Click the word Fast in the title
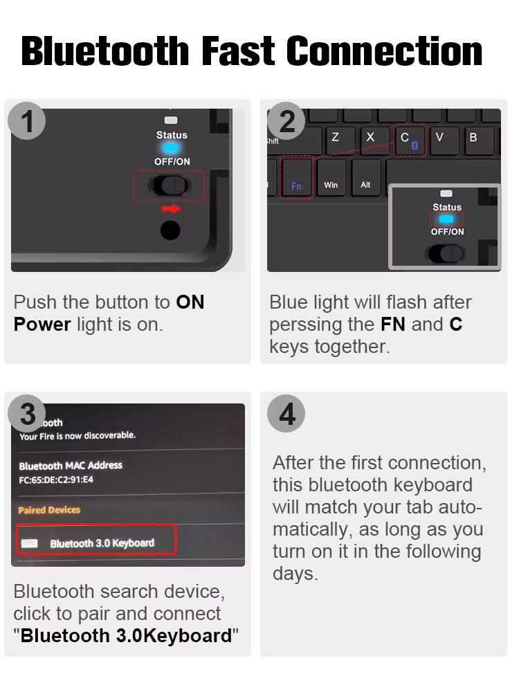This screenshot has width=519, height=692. (238, 51)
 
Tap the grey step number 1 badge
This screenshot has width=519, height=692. (27, 121)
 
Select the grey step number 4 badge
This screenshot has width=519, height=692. (286, 414)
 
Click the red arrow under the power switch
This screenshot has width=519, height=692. (171, 209)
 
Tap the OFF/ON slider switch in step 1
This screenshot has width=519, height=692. (170, 185)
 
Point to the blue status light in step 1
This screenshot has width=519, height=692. (171, 148)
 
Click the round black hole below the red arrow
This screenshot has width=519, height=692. (170, 230)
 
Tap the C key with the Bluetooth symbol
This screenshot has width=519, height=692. (410, 140)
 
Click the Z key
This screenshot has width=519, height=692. (336, 139)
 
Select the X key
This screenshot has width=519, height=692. (370, 139)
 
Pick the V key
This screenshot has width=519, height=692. (439, 139)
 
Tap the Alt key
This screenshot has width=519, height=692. (365, 179)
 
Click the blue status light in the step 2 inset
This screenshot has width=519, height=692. (446, 219)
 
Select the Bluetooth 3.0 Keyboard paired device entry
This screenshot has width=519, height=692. (96, 539)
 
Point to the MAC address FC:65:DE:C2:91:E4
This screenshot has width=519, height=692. (56, 480)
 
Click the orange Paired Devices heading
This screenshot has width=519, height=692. (49, 510)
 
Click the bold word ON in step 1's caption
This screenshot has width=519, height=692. (190, 302)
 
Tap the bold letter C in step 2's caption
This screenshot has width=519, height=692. (456, 325)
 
